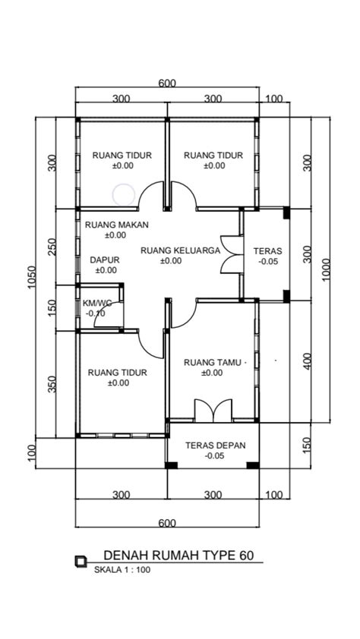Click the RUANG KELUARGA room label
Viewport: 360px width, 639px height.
pos(180,250)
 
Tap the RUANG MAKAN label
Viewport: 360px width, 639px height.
pos(116,225)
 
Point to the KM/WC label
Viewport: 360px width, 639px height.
pos(97,302)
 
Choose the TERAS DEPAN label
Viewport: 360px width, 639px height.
pos(215,445)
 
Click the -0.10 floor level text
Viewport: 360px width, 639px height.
pos(96,313)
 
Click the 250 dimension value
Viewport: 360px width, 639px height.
pos(52,247)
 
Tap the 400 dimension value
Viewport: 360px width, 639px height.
pos(307,360)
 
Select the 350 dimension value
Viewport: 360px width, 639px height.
pos(52,384)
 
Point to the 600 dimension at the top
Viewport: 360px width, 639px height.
pos(167,83)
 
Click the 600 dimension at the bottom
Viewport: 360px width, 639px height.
pos(167,523)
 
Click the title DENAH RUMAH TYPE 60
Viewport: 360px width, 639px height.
pos(178,556)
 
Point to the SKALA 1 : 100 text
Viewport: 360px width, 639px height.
pos(123,569)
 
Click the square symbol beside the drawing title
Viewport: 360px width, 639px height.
pos(81,561)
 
